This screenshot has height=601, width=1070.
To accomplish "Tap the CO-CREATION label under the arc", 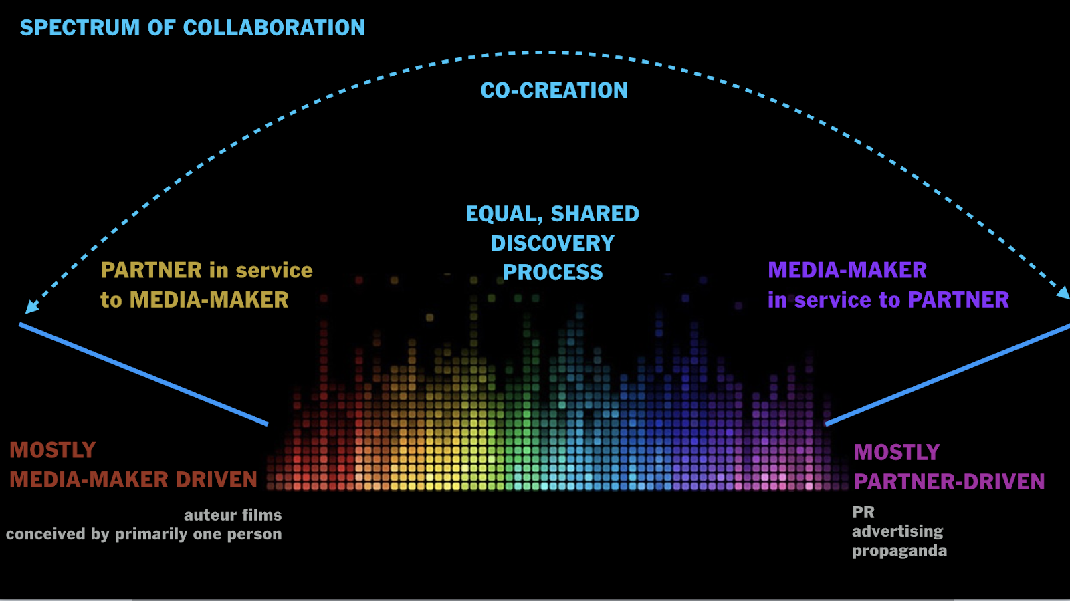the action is (x=554, y=90).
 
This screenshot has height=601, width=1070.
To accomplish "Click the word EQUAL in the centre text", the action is (x=504, y=214).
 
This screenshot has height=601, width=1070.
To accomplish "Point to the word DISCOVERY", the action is (x=552, y=243).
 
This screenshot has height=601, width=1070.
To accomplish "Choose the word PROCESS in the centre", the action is (x=552, y=273).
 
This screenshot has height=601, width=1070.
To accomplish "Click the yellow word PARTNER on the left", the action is (x=151, y=270).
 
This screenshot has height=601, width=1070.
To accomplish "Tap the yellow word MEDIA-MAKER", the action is (x=209, y=300).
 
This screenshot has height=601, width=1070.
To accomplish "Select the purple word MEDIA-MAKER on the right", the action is (x=847, y=270).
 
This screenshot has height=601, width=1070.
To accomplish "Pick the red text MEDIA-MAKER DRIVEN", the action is (x=133, y=480).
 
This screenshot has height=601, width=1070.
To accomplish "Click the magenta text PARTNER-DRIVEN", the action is (x=949, y=482).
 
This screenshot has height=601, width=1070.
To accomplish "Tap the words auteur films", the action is (x=233, y=515).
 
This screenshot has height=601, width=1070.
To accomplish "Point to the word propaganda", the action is (x=899, y=551).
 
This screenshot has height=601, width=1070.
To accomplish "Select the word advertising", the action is (x=897, y=531).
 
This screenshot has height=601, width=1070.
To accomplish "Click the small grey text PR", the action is (x=863, y=512).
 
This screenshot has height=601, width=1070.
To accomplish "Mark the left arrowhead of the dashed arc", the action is (x=30, y=307).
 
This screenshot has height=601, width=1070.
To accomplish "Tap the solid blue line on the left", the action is (x=143, y=374).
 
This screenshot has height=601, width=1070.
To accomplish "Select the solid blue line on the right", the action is (x=947, y=374).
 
